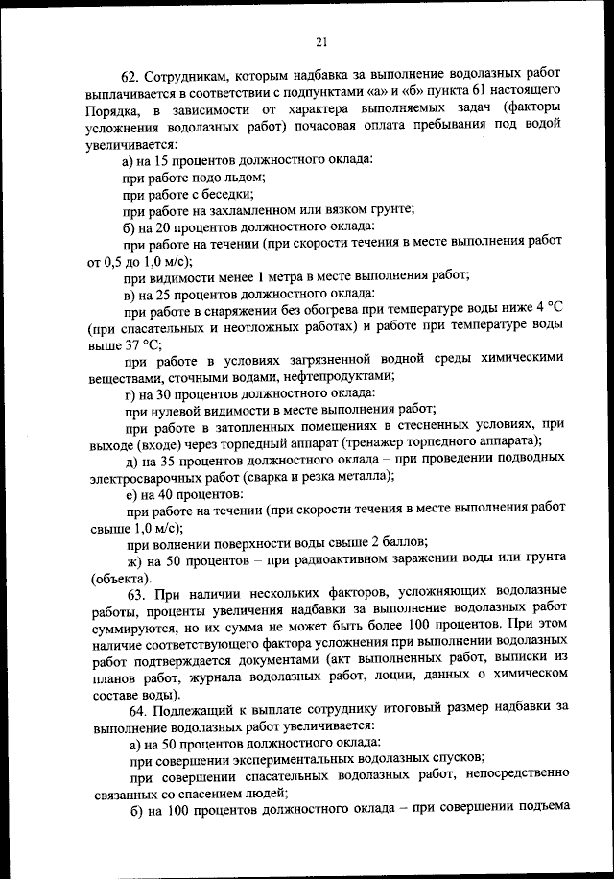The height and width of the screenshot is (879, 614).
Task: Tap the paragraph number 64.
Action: coord(133,707)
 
